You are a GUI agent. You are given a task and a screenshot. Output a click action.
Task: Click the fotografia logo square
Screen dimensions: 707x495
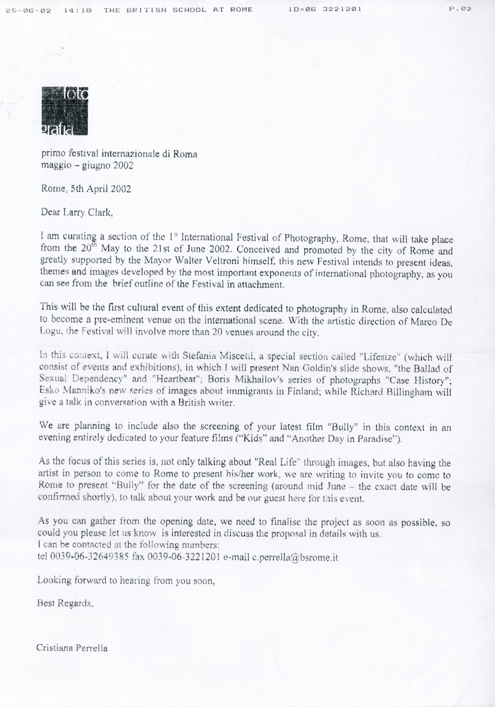pyautogui.click(x=64, y=111)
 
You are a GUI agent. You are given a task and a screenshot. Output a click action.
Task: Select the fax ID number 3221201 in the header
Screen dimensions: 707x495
pyautogui.click(x=342, y=9)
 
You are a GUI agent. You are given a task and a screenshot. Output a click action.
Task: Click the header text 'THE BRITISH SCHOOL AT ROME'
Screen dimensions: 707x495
pyautogui.click(x=178, y=10)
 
